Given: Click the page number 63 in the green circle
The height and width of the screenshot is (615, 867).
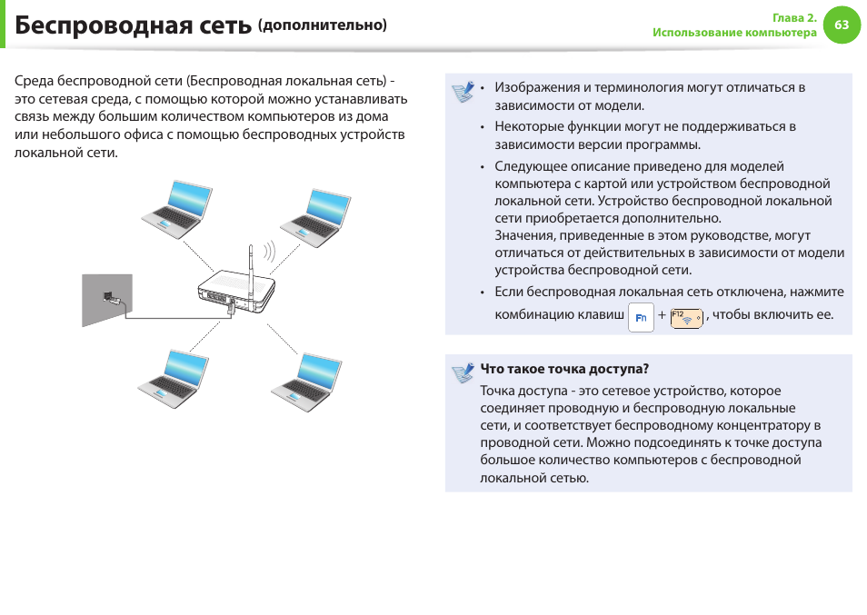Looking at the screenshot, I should pos(841,25).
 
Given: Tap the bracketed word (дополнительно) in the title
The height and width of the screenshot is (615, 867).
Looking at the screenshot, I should pos(323,25).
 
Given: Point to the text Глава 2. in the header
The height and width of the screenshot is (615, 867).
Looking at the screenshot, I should pos(794,18).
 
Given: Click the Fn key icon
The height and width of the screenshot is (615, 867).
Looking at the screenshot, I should pos(641,318).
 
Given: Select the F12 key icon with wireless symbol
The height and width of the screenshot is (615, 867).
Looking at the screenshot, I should pos(686,318).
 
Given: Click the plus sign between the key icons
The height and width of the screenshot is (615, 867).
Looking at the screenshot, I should pos(662,316).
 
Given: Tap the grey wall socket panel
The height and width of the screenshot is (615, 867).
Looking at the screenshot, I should pos(106,299).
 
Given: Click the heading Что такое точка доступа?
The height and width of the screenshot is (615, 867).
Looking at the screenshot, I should pos(564,369).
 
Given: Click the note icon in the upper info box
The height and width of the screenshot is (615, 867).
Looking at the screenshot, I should pos(463,92).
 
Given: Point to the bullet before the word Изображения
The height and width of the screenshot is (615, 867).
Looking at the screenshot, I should pos(483,88).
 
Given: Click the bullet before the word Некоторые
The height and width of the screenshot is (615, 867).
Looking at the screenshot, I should pos(483,127).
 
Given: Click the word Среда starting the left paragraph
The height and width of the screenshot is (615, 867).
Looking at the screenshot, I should pos(33,81).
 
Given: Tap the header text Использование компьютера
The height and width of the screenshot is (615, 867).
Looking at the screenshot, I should pos(734,33).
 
